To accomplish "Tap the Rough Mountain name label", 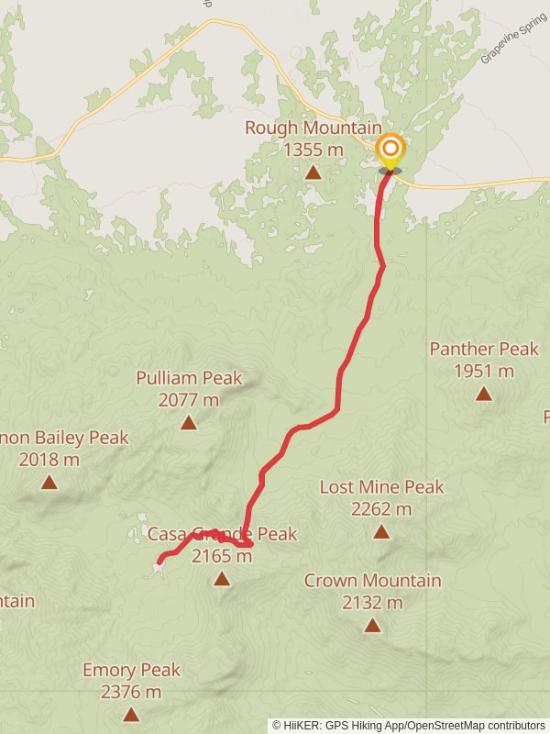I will (x=313, y=128).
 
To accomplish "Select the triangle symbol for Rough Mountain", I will (x=313, y=172).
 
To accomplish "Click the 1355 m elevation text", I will (x=313, y=150).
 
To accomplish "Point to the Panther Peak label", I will (x=484, y=349).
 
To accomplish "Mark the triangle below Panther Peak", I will (x=483, y=394).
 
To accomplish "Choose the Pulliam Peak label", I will (x=189, y=377).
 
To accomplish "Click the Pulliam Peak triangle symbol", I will (x=189, y=422).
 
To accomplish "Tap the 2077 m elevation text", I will (x=189, y=400).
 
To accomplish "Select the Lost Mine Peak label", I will (x=381, y=486).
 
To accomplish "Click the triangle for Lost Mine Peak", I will (x=381, y=531).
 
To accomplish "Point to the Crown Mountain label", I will (x=372, y=580).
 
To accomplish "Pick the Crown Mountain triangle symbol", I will (x=372, y=625).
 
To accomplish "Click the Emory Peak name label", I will (x=131, y=670).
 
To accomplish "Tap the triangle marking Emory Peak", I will (x=131, y=714).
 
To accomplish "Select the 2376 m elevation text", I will (x=131, y=693).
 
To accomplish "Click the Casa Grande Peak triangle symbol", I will (x=222, y=578).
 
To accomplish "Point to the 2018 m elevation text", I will (x=49, y=460).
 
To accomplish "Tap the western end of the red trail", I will (x=159, y=561).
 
